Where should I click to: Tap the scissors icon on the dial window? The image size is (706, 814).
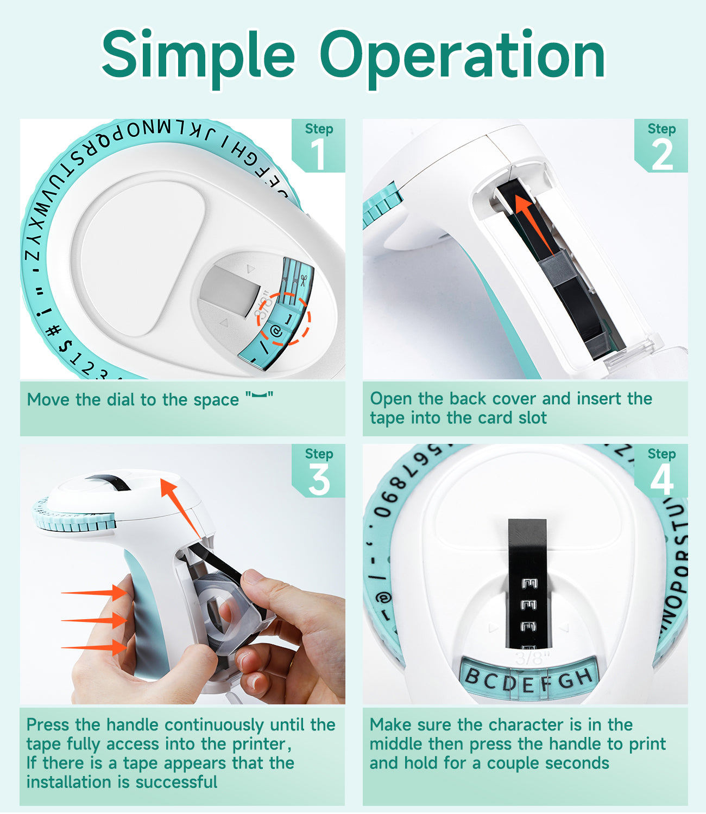click(x=303, y=281)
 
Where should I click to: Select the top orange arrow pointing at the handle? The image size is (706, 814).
click(x=94, y=593)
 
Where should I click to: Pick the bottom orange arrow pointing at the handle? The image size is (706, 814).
click(x=94, y=647)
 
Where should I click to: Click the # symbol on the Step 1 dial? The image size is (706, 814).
click(x=53, y=330)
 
